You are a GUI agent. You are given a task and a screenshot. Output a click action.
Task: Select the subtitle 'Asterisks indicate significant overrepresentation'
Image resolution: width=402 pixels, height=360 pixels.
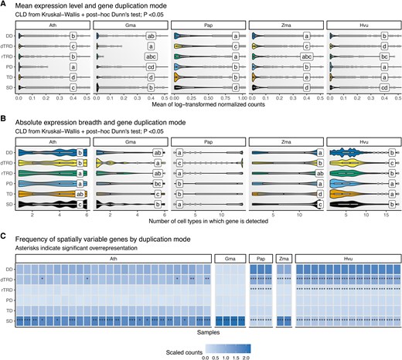[81, 247]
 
